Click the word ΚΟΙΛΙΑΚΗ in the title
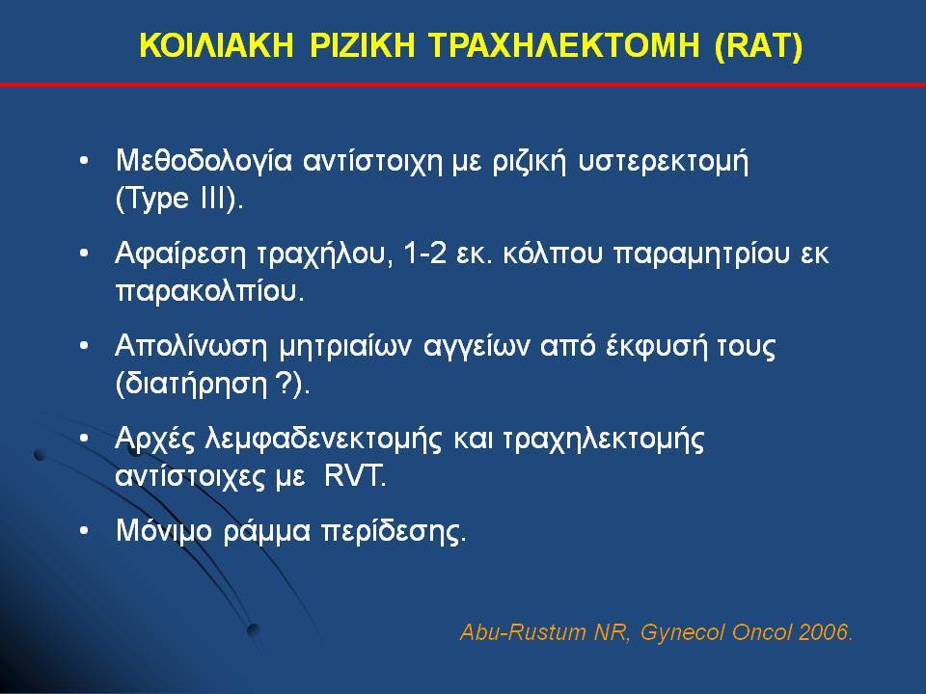tap(216, 45)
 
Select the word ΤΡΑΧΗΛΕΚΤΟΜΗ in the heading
tap(565, 45)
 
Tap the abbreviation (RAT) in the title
tap(759, 46)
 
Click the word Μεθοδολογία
tap(204, 161)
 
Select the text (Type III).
tap(179, 199)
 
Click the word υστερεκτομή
tap(664, 162)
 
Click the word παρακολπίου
tap(209, 291)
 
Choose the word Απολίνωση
tap(191, 346)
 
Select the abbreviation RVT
tap(355, 476)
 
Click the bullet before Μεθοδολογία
tap(85, 161)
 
